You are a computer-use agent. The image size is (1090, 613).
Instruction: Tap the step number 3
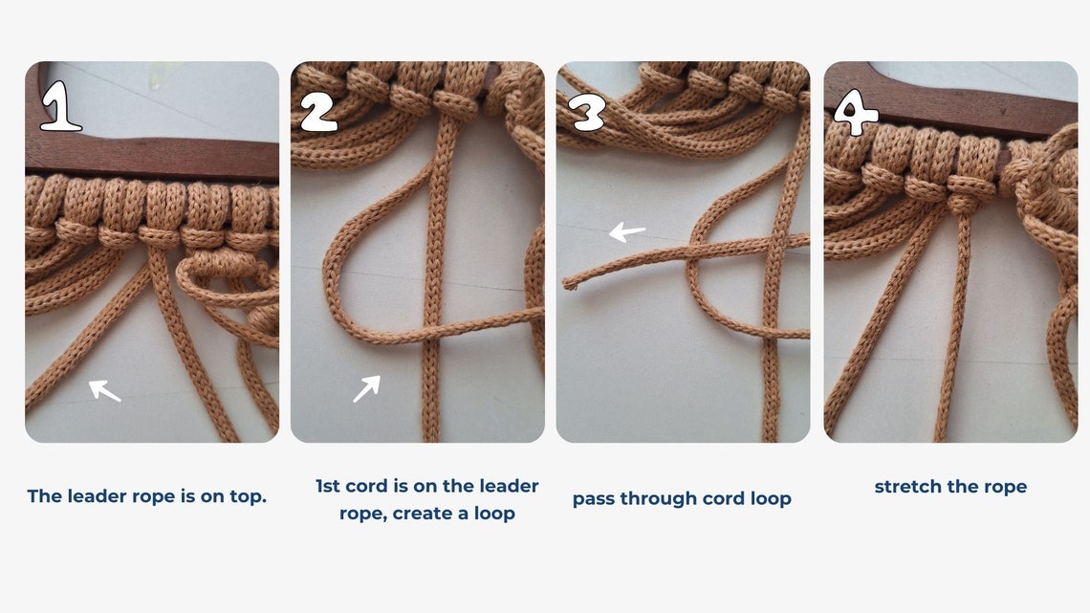point(587,112)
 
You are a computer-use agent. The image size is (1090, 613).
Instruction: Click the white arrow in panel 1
point(105,390)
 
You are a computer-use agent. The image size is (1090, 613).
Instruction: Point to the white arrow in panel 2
point(366,388)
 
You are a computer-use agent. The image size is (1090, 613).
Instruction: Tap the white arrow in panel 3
point(627,231)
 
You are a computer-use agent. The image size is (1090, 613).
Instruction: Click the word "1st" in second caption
point(330,486)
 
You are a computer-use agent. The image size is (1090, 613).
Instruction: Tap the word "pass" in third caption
point(594,499)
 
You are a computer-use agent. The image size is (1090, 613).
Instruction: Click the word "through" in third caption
point(658,499)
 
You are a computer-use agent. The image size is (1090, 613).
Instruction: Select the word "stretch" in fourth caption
point(908,487)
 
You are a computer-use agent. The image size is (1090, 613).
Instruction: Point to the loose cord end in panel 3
point(569,283)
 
